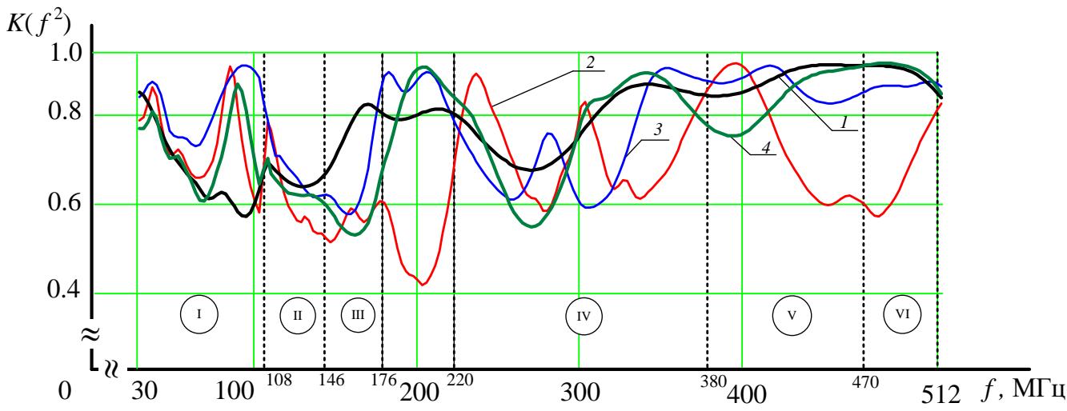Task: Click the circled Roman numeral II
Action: (297, 315)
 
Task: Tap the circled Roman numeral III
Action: (358, 314)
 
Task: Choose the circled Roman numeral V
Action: (792, 314)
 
